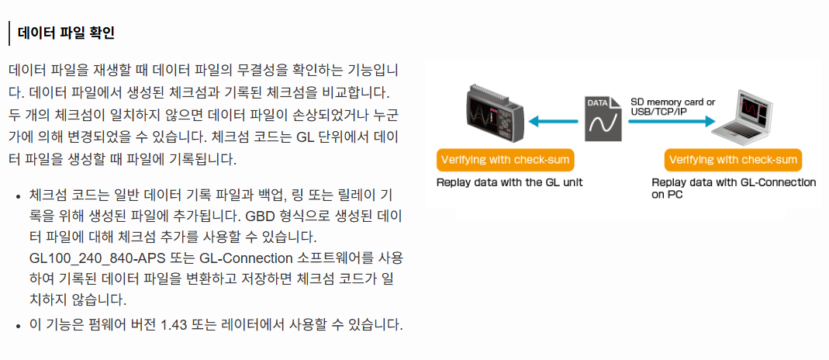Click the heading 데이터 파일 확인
65,33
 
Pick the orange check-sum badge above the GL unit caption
506,160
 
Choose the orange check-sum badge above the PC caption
733,160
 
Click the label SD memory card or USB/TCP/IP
672,106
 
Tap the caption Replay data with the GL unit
509,183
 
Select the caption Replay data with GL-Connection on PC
733,189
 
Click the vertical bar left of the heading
9,33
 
